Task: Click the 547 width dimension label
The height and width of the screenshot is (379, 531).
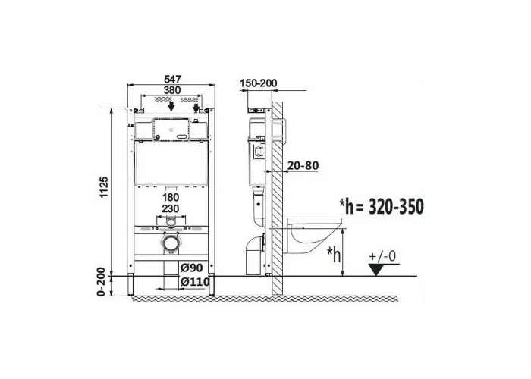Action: (172, 79)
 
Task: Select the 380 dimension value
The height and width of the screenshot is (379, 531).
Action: (172, 90)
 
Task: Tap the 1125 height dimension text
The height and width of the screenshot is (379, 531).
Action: (105, 187)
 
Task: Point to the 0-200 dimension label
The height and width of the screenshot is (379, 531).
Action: (101, 282)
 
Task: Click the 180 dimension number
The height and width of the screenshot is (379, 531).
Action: (171, 197)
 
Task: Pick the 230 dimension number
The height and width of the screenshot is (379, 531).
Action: (171, 208)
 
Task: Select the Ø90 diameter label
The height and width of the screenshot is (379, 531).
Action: (191, 268)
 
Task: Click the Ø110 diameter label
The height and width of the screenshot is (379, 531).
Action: (195, 281)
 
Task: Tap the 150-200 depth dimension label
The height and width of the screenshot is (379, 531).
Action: (259, 83)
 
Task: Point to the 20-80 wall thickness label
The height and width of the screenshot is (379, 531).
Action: (303, 165)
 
